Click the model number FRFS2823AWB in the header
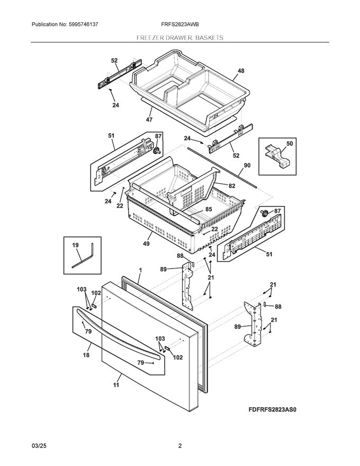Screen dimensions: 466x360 [180, 24]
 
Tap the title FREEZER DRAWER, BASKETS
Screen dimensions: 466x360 [179, 38]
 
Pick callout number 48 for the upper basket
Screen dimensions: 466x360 [241, 71]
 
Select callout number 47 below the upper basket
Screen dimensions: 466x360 [149, 120]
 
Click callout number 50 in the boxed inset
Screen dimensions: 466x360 [289, 144]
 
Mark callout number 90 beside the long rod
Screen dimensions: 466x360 [247, 165]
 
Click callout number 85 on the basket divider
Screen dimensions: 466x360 [209, 209]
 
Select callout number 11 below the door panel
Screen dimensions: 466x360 [116, 386]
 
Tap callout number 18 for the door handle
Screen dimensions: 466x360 [86, 355]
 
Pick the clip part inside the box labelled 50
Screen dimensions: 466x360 [277, 158]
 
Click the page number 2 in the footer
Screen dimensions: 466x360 [180, 446]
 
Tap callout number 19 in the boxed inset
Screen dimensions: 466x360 [75, 245]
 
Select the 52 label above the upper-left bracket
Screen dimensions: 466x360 [114, 61]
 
